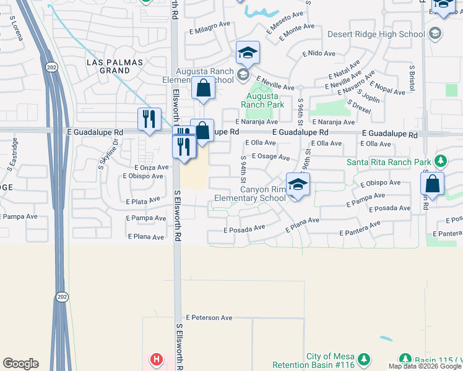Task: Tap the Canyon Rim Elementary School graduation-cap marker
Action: tap(298, 185)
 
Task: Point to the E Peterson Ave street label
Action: tap(209, 317)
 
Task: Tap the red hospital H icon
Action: tap(157, 359)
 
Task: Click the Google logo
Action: tap(20, 364)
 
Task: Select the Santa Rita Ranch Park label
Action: tap(388, 162)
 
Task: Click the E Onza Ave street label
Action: tap(151, 167)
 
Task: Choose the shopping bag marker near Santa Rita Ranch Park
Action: tap(432, 184)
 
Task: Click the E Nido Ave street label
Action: tap(319, 54)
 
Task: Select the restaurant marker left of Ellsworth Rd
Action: tap(149, 119)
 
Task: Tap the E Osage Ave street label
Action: tap(270, 157)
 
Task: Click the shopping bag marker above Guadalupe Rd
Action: tap(203, 90)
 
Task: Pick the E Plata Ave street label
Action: tap(144, 202)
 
